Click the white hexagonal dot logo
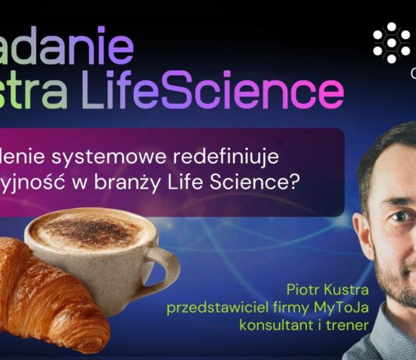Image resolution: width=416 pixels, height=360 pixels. [391, 42]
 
